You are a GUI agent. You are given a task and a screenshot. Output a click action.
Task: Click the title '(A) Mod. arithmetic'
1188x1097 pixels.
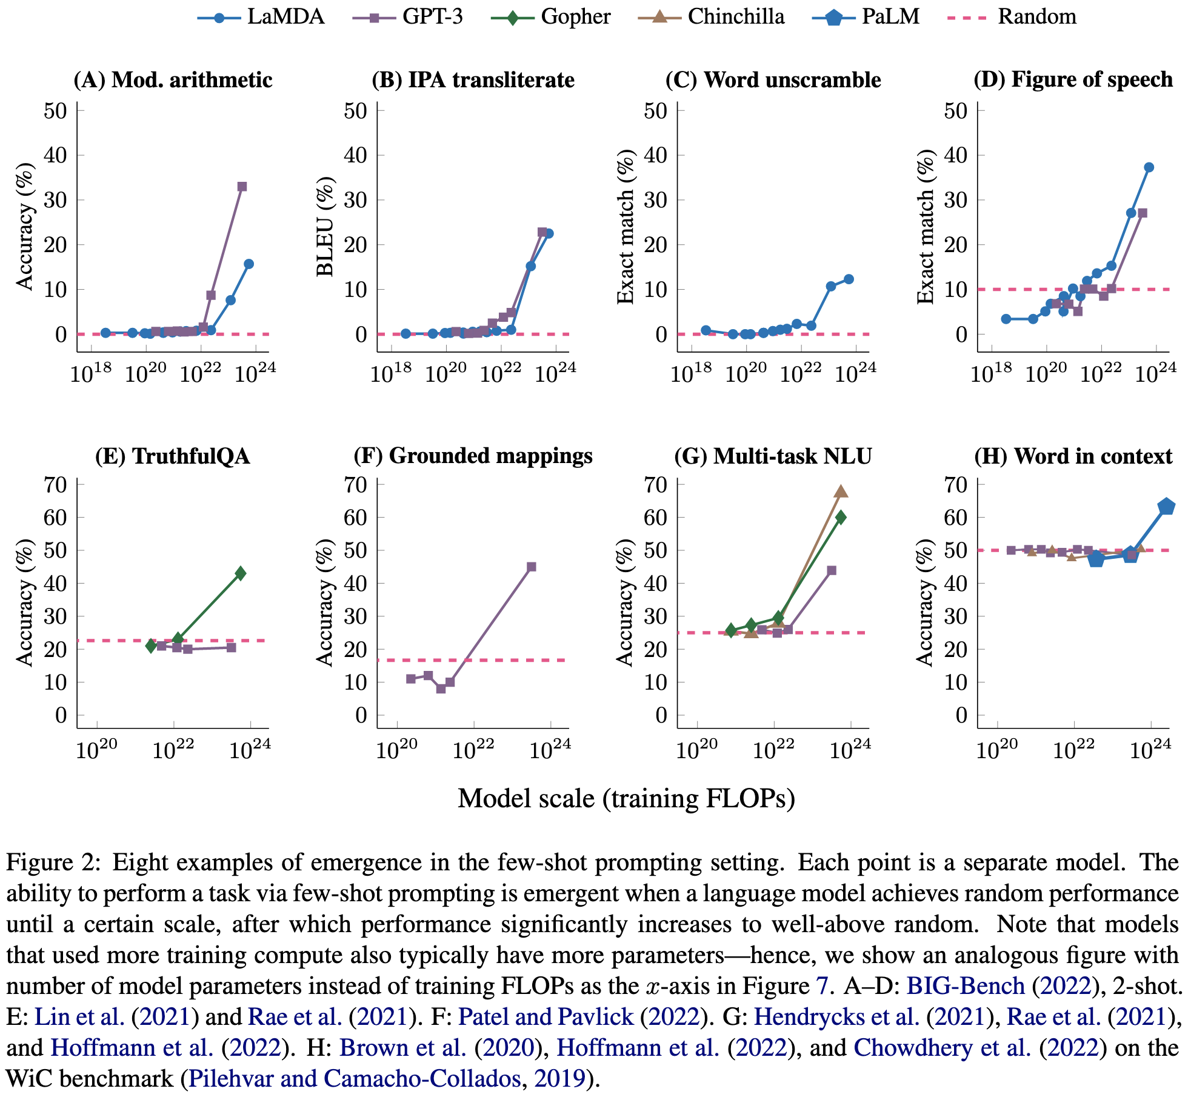tap(173, 80)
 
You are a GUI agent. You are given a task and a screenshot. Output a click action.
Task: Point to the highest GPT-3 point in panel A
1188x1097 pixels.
tap(242, 187)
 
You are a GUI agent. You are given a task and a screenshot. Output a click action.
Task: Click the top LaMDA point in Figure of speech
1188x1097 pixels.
tap(1149, 167)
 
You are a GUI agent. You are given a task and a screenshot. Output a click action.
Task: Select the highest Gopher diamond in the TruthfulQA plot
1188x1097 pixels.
tap(241, 573)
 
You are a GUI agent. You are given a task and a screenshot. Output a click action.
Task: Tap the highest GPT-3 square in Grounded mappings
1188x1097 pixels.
tap(532, 567)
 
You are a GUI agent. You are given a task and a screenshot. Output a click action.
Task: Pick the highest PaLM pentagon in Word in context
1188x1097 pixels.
tap(1167, 507)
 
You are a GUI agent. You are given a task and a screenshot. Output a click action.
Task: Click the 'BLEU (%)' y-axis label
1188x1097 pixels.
tap(325, 227)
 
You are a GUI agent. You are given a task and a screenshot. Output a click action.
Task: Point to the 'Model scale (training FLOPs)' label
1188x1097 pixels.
tap(626, 798)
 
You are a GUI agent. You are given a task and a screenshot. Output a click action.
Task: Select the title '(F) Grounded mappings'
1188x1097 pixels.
tap(473, 456)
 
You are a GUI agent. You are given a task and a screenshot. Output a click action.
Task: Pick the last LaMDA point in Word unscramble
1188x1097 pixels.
tap(849, 279)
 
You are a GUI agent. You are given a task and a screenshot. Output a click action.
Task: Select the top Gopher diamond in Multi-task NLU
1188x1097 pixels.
tap(841, 517)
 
